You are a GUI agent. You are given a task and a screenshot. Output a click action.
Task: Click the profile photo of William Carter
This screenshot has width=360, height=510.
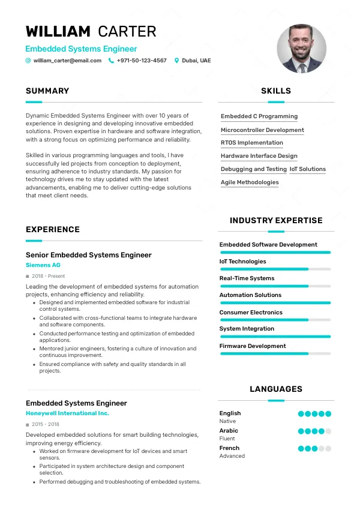pos(301,49)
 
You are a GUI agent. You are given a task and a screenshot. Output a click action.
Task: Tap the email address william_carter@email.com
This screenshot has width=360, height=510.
pos(67,61)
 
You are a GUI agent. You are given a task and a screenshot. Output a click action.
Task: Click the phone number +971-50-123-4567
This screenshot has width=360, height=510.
pos(142,61)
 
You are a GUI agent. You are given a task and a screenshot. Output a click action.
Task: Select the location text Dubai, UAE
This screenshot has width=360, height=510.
pos(196,61)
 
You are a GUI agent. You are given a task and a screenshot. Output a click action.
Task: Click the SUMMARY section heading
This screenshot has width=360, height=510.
pos(47,91)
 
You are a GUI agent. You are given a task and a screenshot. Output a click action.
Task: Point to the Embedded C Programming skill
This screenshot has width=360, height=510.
pos(259,116)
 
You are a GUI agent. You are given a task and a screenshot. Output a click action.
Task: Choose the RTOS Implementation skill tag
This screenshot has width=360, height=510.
pos(252,143)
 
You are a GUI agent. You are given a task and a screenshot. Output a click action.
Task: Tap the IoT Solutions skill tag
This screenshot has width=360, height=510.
pos(308,169)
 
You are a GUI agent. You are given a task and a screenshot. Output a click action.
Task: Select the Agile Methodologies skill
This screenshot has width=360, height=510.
pos(250,182)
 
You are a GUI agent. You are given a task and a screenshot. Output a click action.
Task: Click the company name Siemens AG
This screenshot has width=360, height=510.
pos(43,265)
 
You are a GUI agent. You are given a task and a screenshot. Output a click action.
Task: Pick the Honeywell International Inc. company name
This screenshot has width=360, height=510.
pos(67,413)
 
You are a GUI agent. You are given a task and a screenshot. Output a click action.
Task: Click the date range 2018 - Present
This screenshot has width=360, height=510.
pos(48,276)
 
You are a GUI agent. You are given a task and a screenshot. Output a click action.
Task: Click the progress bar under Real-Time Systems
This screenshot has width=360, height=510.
pos(275,286)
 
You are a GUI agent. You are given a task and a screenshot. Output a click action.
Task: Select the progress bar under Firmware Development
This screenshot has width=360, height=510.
pos(275,354)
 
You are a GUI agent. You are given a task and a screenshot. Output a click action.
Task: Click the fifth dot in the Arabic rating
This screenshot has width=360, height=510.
pos(328,431)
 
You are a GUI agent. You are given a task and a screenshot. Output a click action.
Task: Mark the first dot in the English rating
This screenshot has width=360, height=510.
pos(301,413)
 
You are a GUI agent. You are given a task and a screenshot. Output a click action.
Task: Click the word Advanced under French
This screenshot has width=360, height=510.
pos(232,456)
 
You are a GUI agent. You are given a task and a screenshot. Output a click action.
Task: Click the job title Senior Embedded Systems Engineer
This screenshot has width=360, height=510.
pos(89,255)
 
